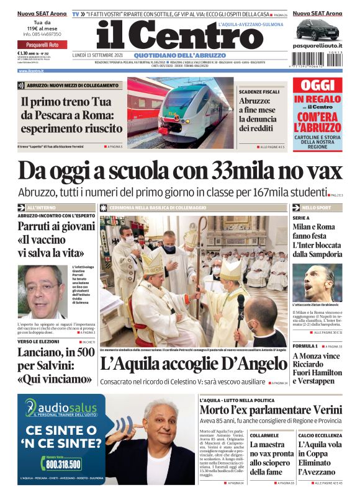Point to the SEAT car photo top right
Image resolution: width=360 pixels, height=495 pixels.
(x=317, y=29)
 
